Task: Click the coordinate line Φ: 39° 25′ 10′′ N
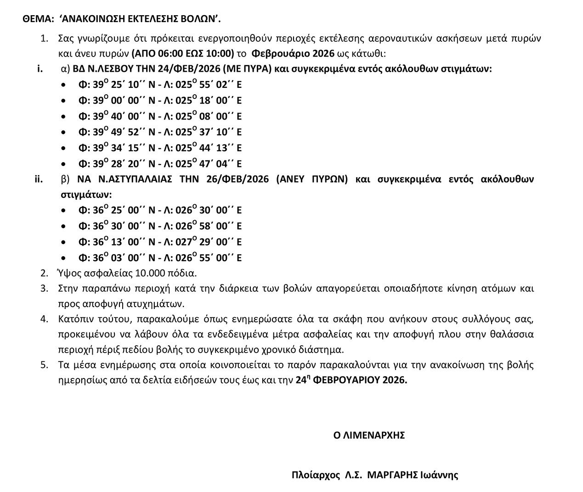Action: point(160,85)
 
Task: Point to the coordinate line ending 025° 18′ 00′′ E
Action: point(160,101)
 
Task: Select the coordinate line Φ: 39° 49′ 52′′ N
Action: point(160,132)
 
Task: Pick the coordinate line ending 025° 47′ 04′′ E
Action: point(160,164)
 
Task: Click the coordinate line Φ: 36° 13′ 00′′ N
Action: point(160,242)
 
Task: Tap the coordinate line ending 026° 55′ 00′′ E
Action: point(160,257)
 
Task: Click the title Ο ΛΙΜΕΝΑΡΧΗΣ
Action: point(369,435)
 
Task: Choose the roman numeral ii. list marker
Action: point(39,179)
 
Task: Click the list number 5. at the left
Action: point(44,365)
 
